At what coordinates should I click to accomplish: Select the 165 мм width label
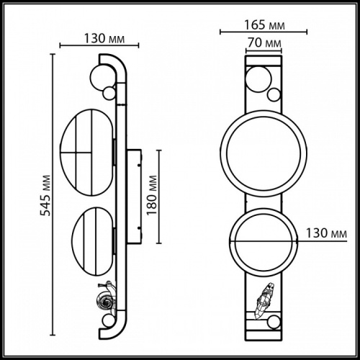click(x=261, y=26)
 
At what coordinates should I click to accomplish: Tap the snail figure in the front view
click(x=264, y=297)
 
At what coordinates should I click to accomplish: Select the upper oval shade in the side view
click(x=86, y=152)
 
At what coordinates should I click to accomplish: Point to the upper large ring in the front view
click(x=263, y=153)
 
